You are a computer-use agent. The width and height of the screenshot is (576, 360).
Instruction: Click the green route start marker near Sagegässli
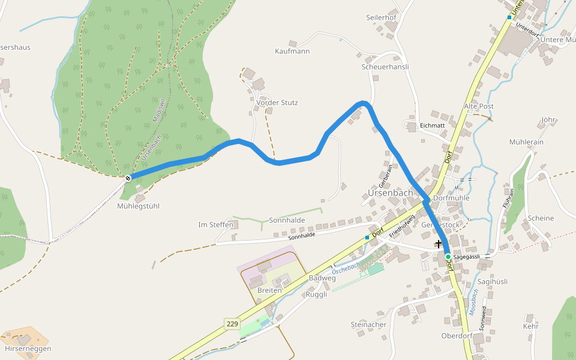[x=448, y=257]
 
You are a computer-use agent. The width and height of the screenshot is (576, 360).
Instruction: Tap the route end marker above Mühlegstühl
[x=128, y=177]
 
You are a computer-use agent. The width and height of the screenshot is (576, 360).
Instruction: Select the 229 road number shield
[x=233, y=324]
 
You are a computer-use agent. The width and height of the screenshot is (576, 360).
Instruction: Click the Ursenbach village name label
[x=390, y=193]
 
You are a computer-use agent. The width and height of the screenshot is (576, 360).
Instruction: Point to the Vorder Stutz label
[x=277, y=103]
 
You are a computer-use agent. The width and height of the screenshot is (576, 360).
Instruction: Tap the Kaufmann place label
[x=292, y=52]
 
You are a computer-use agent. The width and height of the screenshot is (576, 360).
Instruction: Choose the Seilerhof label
[x=381, y=17]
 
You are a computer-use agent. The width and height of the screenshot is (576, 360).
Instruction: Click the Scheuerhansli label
[x=385, y=67]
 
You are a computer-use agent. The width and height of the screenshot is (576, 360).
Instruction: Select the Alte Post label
[x=479, y=106]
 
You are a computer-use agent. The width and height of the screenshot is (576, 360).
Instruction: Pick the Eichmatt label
[x=432, y=125]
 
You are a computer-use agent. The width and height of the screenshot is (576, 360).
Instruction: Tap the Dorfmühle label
[x=451, y=198]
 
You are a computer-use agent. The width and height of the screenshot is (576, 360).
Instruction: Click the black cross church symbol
[x=439, y=244]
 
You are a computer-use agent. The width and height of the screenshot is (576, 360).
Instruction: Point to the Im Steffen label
[x=215, y=225]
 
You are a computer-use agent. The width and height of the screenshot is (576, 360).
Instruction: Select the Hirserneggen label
[x=28, y=349]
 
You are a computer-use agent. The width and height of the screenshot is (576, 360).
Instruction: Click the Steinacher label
[x=368, y=325]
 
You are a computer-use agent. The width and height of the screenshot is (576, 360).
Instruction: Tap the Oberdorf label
[x=457, y=336]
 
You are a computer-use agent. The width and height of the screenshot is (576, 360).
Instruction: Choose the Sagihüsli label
[x=493, y=281]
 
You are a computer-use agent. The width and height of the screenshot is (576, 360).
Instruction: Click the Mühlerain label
[x=526, y=142]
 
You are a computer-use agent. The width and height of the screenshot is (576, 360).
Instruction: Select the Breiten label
[x=269, y=290]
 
